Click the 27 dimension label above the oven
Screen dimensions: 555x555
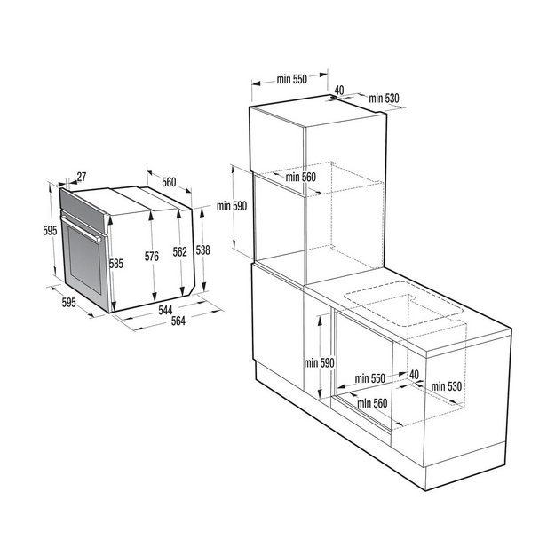tap(82, 176)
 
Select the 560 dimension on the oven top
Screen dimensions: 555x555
tap(169, 182)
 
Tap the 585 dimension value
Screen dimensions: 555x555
tap(115, 263)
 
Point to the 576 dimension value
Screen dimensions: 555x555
tap(152, 257)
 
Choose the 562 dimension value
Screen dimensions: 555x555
tap(179, 252)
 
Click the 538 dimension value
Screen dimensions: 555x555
tap(202, 250)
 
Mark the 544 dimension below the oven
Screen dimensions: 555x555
tap(166, 310)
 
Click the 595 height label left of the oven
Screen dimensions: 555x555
tap(50, 231)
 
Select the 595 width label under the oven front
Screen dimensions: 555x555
tap(72, 303)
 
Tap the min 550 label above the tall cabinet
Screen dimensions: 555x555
tap(290, 80)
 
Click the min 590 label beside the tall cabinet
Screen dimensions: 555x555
tap(230, 206)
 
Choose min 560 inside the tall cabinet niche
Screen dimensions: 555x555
tap(300, 177)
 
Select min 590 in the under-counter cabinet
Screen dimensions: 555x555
tap(317, 362)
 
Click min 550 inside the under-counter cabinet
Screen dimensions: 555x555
tap(369, 378)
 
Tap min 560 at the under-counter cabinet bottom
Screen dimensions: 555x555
tap(372, 403)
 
